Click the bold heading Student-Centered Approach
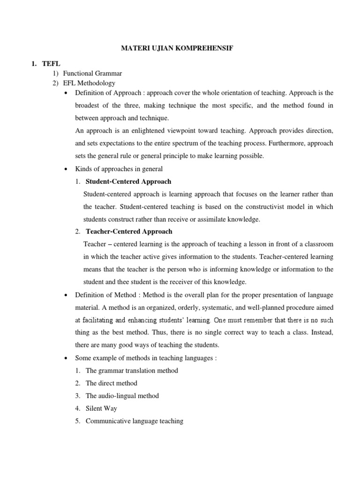pyautogui.click(x=128, y=181)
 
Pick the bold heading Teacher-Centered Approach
pyautogui.click(x=129, y=231)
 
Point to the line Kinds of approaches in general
pyautogui.click(x=119, y=169)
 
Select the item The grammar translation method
pyautogui.click(x=132, y=370)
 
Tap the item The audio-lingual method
pyautogui.click(x=122, y=396)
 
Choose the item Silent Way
pyautogui.click(x=101, y=408)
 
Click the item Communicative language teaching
pyautogui.click(x=134, y=421)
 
